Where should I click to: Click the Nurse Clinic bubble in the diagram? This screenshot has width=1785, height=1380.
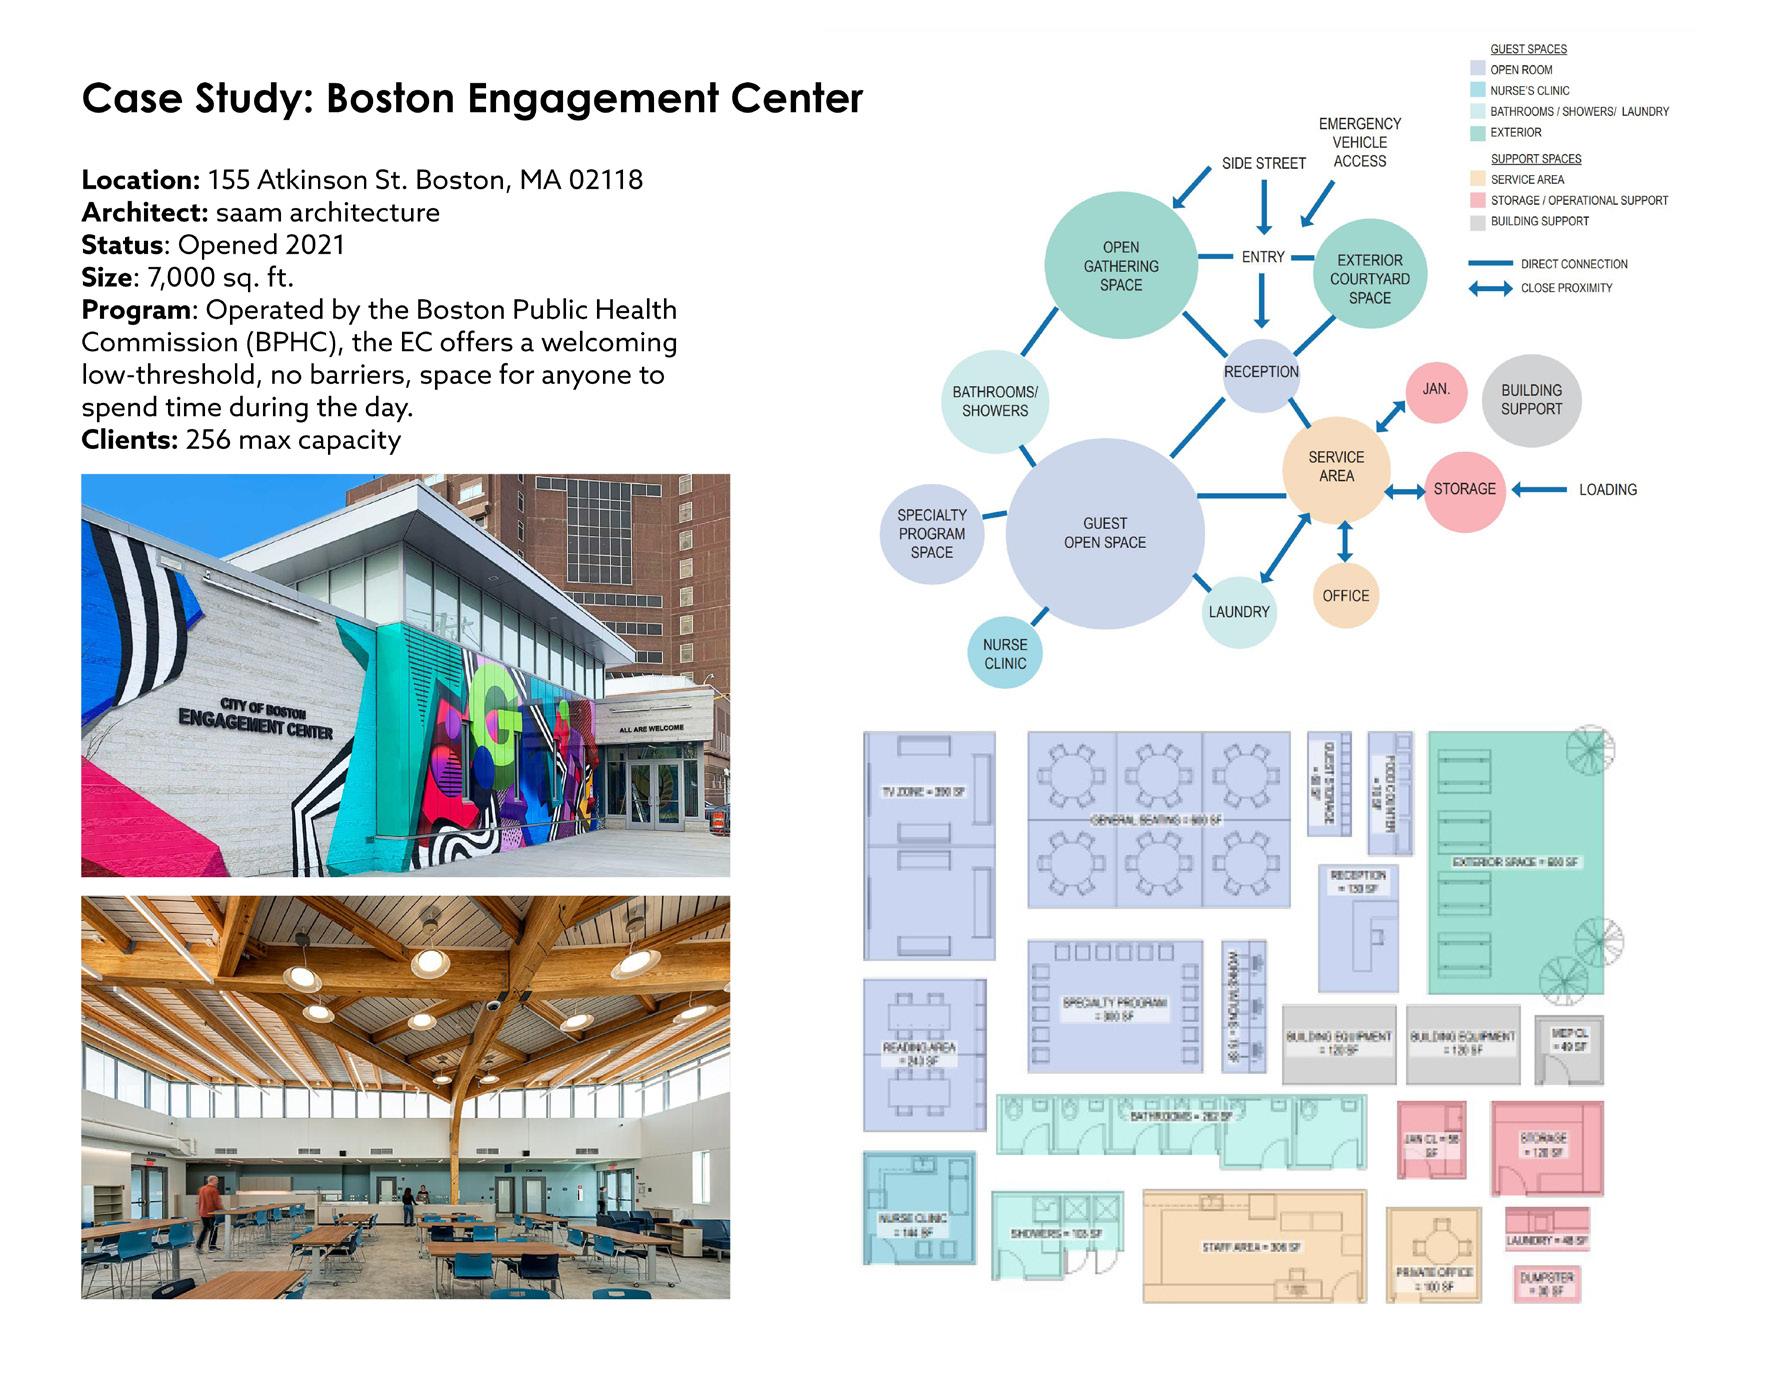1005,654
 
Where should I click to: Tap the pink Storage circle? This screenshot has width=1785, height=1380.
1464,489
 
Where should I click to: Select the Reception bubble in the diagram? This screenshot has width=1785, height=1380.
1261,373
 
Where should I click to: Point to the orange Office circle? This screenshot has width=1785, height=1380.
1345,596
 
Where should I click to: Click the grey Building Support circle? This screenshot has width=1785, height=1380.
1531,400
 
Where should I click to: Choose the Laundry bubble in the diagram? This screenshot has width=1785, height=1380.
1238,612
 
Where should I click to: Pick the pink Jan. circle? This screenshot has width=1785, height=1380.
1436,390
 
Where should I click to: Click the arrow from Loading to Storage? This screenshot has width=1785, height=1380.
1539,490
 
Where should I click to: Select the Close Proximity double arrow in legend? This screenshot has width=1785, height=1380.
1490,289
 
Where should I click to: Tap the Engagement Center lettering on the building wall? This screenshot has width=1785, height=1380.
255,722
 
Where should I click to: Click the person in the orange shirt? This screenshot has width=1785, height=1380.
209,1211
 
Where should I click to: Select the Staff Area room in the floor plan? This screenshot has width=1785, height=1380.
1254,1246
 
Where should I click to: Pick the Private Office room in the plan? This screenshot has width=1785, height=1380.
1433,1254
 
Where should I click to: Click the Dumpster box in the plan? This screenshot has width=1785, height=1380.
1546,1284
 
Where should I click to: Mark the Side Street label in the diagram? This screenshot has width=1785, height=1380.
1263,164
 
